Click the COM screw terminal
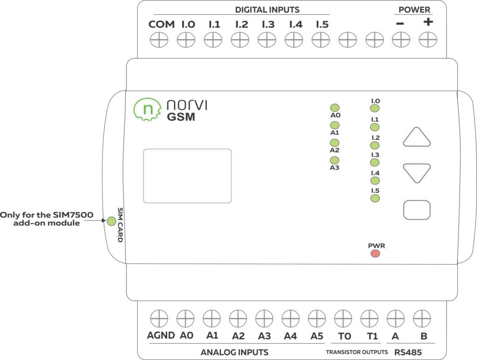tap(159, 41)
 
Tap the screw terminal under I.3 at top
tap(267, 41)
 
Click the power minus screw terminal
tap(400, 41)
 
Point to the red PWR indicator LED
tap(375, 254)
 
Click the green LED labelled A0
tap(334, 108)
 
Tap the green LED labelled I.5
tap(375, 199)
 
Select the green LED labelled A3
tap(334, 161)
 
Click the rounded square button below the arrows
tap(416, 210)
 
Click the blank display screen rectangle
tap(187, 176)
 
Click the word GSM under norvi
tap(181, 117)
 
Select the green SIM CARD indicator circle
tap(111, 221)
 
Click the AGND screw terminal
tap(159, 319)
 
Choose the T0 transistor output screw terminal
tap(343, 319)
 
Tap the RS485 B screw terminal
tap(422, 319)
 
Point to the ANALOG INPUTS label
tap(234, 352)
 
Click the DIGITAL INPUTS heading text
tap(267, 9)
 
